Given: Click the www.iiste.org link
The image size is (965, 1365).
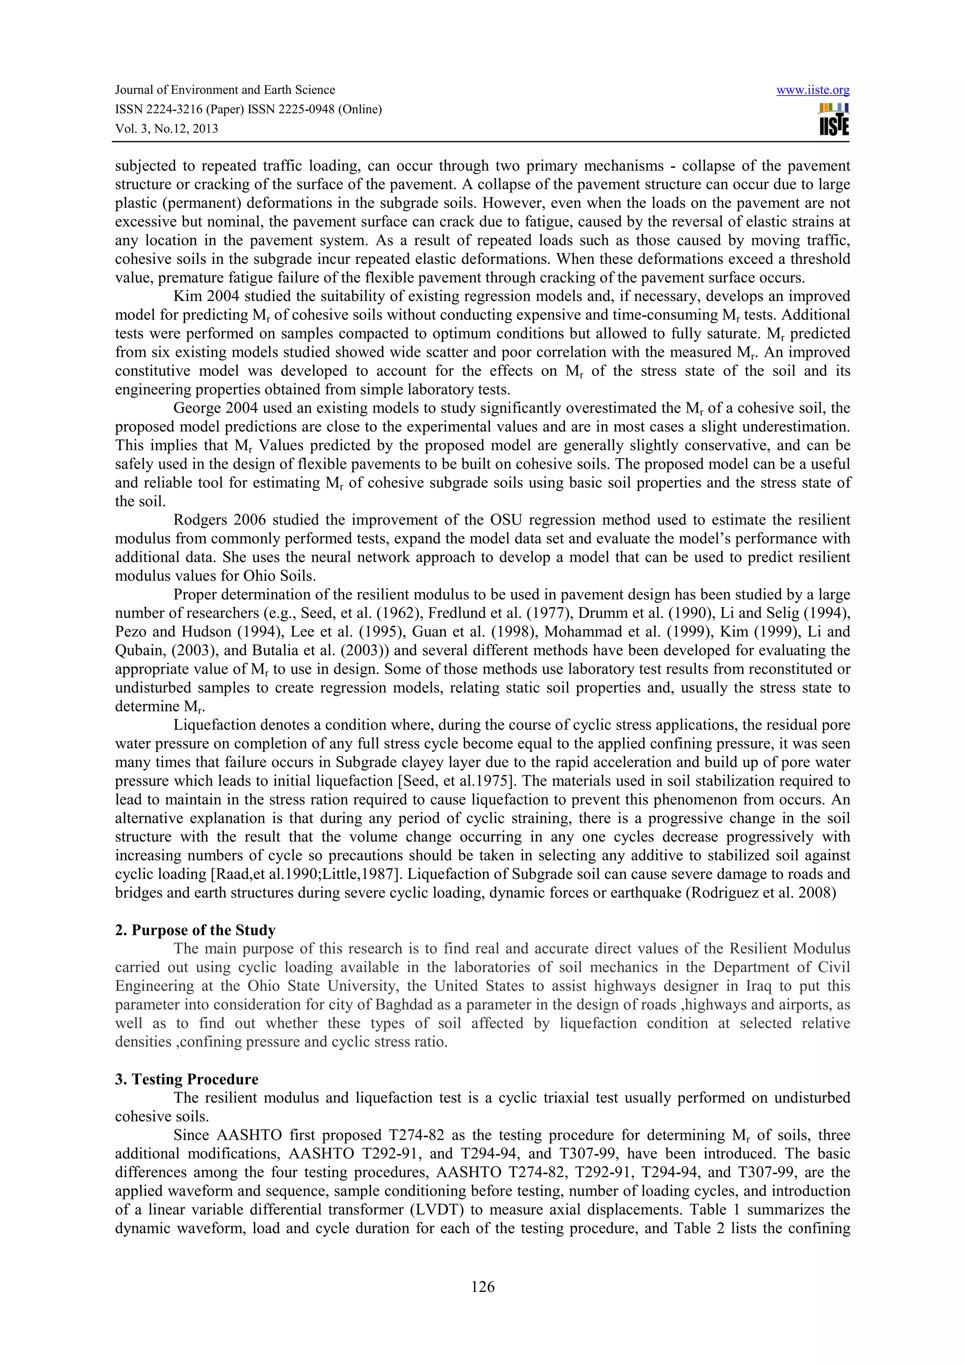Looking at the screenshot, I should [x=813, y=90].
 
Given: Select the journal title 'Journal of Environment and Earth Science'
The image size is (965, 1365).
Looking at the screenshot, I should [x=225, y=90].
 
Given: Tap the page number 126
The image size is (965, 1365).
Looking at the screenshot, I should [x=482, y=1286].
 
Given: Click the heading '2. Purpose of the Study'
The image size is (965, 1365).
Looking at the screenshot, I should [x=195, y=930].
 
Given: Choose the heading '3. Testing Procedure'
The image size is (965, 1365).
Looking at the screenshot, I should [x=187, y=1080].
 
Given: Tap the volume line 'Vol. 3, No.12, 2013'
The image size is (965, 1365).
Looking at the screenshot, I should [x=166, y=129].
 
